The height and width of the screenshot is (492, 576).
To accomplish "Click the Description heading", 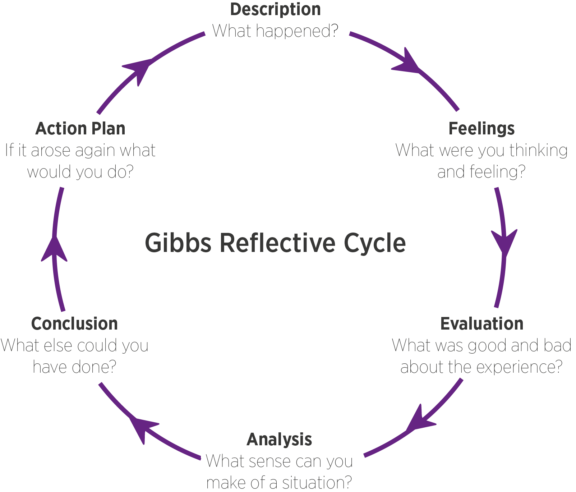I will tap(275, 9).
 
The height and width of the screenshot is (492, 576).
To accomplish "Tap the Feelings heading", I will tap(481, 129).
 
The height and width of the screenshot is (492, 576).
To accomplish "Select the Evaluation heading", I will tap(481, 324).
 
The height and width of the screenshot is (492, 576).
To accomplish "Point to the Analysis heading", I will tap(279, 440).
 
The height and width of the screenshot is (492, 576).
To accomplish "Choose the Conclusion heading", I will tap(74, 324).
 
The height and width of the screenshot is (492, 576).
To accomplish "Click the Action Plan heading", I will tap(80, 129).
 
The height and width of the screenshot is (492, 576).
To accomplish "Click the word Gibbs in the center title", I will tap(178, 243).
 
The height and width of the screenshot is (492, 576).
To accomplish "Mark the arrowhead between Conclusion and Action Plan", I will tap(54, 248).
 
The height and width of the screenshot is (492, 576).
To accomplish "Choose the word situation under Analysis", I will tap(317, 483).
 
